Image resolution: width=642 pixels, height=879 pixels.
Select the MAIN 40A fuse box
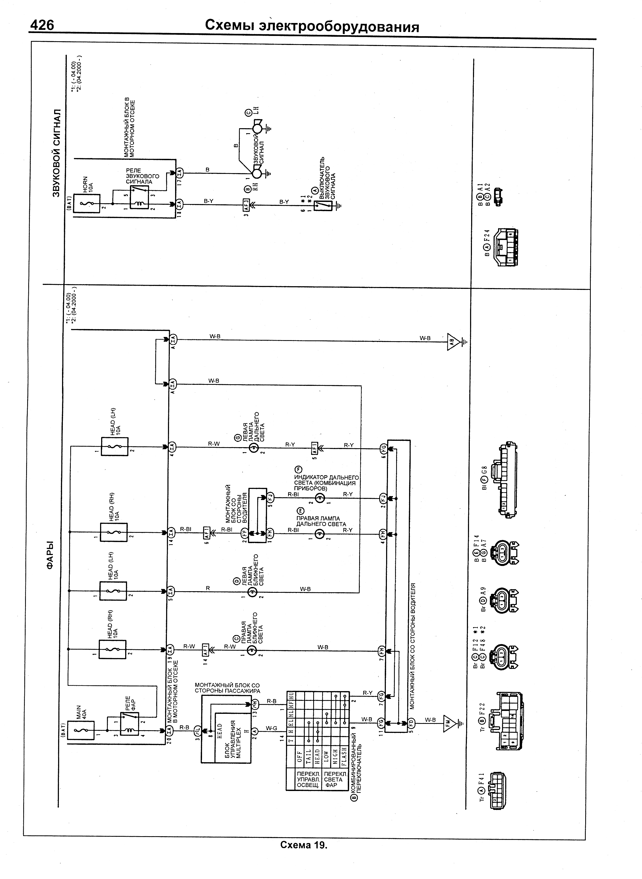(x=81, y=730)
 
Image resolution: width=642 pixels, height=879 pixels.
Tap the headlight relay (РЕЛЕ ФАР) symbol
(x=129, y=724)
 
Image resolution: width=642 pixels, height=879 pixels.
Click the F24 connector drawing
(x=505, y=247)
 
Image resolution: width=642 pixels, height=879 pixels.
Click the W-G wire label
(x=272, y=728)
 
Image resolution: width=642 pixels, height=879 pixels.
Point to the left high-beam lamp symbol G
(x=252, y=448)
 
